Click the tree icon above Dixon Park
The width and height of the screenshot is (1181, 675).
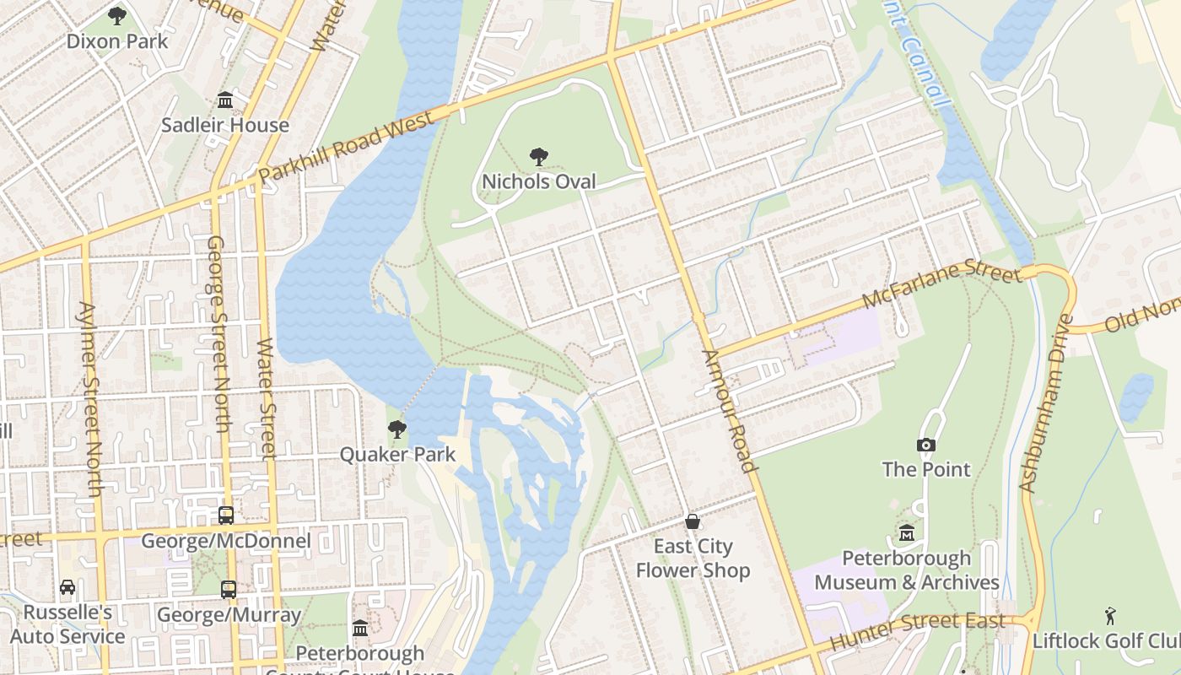tap(117, 15)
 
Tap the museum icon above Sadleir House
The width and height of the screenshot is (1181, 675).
tap(225, 100)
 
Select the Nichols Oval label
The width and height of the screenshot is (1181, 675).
tap(538, 181)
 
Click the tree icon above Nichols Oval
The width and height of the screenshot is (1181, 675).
tap(538, 157)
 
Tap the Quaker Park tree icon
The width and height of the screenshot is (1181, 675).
tap(396, 429)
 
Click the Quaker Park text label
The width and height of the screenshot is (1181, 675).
tap(397, 454)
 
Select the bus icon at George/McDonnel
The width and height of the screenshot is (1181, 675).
tap(225, 515)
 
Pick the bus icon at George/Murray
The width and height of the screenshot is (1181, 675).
tap(229, 589)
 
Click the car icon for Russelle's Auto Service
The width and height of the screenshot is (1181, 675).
tap(67, 586)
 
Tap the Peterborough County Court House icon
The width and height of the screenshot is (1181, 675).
tap(360, 628)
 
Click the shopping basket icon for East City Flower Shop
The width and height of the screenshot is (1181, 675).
tap(693, 521)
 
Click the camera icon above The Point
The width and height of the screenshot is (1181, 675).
tap(926, 445)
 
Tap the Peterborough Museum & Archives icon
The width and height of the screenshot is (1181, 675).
tap(907, 533)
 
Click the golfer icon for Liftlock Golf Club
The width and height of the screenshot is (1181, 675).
tap(1110, 616)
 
